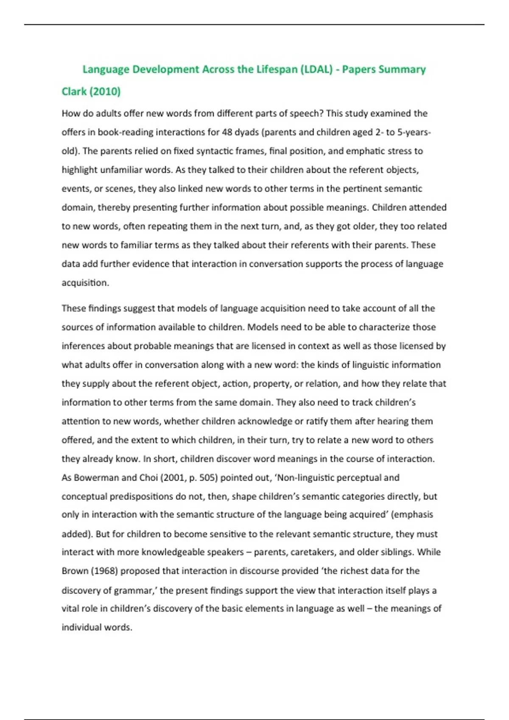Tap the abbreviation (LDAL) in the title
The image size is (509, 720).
click(x=316, y=69)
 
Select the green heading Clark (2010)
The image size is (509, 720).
click(x=91, y=91)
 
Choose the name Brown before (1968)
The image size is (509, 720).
click(x=75, y=571)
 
